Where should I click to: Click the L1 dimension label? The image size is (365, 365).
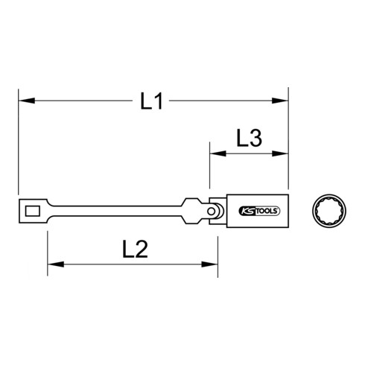pos(152,101)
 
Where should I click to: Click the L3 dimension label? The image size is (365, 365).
pos(249,138)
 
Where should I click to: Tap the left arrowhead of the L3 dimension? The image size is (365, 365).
pos(214,153)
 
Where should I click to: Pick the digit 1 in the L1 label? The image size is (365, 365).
pos(159,101)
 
